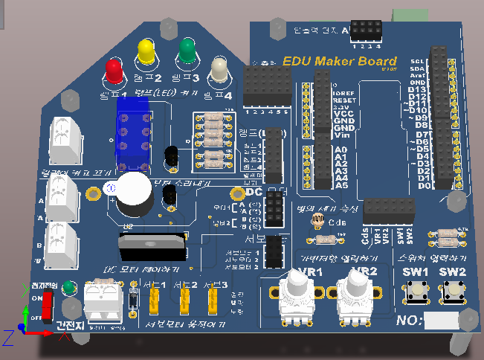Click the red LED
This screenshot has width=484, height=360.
click(114, 71)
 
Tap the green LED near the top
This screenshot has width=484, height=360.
click(187, 51)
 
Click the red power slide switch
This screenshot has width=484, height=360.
click(47, 305)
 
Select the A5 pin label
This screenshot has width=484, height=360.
click(342, 185)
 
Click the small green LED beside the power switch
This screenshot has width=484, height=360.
click(68, 286)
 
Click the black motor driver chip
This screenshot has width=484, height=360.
click(153, 245)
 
